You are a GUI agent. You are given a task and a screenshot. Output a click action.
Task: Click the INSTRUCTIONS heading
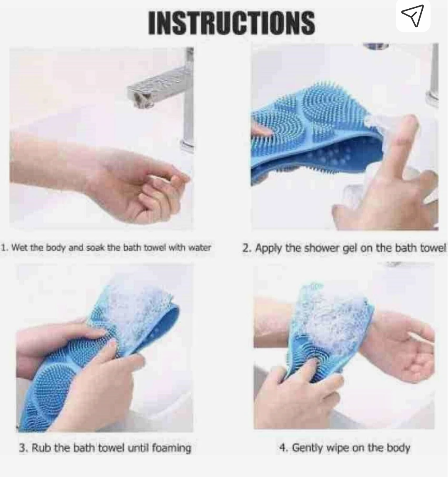(231, 22)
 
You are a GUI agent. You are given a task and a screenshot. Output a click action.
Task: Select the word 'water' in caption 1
(200, 248)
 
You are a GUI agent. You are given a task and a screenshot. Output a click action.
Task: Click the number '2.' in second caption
(247, 248)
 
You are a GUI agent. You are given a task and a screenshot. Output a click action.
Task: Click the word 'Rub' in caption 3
(40, 448)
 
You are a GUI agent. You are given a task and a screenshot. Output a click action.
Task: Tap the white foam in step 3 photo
(133, 307)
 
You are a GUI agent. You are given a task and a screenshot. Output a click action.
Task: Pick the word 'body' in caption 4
(398, 448)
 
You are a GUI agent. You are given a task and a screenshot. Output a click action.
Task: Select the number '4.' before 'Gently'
(283, 448)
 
